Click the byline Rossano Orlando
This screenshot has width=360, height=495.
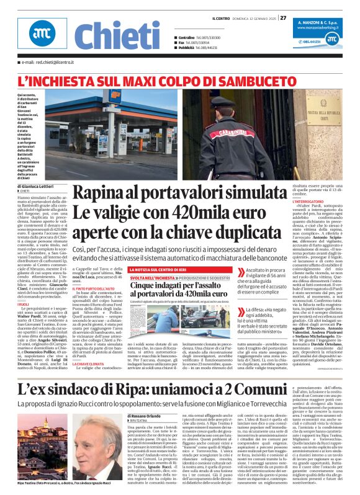tap(148, 415)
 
